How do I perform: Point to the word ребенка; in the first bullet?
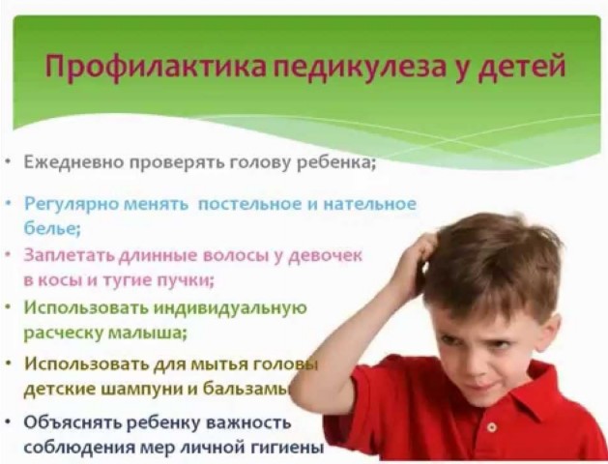pyautogui.click(x=335, y=163)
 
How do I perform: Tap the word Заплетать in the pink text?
pyautogui.click(x=70, y=255)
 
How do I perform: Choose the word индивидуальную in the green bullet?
pyautogui.click(x=230, y=308)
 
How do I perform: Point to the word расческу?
pyautogui.click(x=63, y=333)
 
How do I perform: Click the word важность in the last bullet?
pyautogui.click(x=248, y=422)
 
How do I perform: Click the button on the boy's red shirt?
pyautogui.click(x=492, y=427)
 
